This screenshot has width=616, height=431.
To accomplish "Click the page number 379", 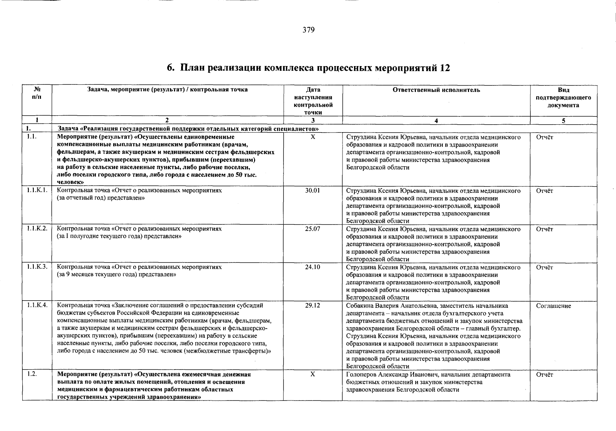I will coord(308,30).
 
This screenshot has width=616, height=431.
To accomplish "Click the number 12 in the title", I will coord(445,68).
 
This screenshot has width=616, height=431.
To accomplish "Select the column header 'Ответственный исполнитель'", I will coord(436,90).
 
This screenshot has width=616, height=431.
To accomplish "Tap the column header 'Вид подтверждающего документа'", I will coord(563,98).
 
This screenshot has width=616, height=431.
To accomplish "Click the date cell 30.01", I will coord(313,191).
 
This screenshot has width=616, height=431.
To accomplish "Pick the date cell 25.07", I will coord(313,229).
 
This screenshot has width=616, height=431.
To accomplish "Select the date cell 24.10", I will coord(313,267).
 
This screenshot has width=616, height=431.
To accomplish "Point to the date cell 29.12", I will coord(313,306).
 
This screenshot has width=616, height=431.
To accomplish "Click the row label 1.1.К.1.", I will coord(37,191).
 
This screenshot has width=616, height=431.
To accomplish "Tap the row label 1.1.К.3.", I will coord(37,267).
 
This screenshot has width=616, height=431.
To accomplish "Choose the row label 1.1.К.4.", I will coord(37,306).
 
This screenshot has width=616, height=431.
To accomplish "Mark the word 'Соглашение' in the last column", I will coord(553,306).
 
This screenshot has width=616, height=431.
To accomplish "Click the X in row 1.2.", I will coord(313,374).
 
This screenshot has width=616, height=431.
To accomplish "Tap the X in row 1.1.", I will coord(313,137).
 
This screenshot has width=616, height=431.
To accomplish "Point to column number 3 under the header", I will coord(313,121).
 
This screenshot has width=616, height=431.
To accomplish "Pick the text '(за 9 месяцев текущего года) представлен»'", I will coord(117,275).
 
